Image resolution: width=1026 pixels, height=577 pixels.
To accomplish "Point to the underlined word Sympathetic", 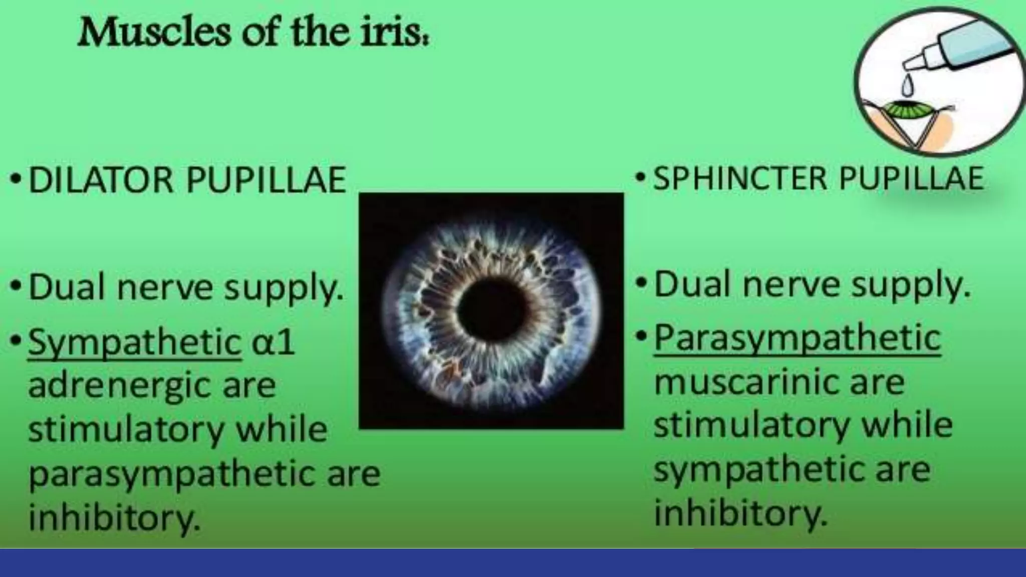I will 135,343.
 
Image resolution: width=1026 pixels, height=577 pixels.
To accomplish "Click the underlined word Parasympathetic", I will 797,339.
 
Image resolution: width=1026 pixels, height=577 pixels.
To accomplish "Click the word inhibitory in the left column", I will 114,517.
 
